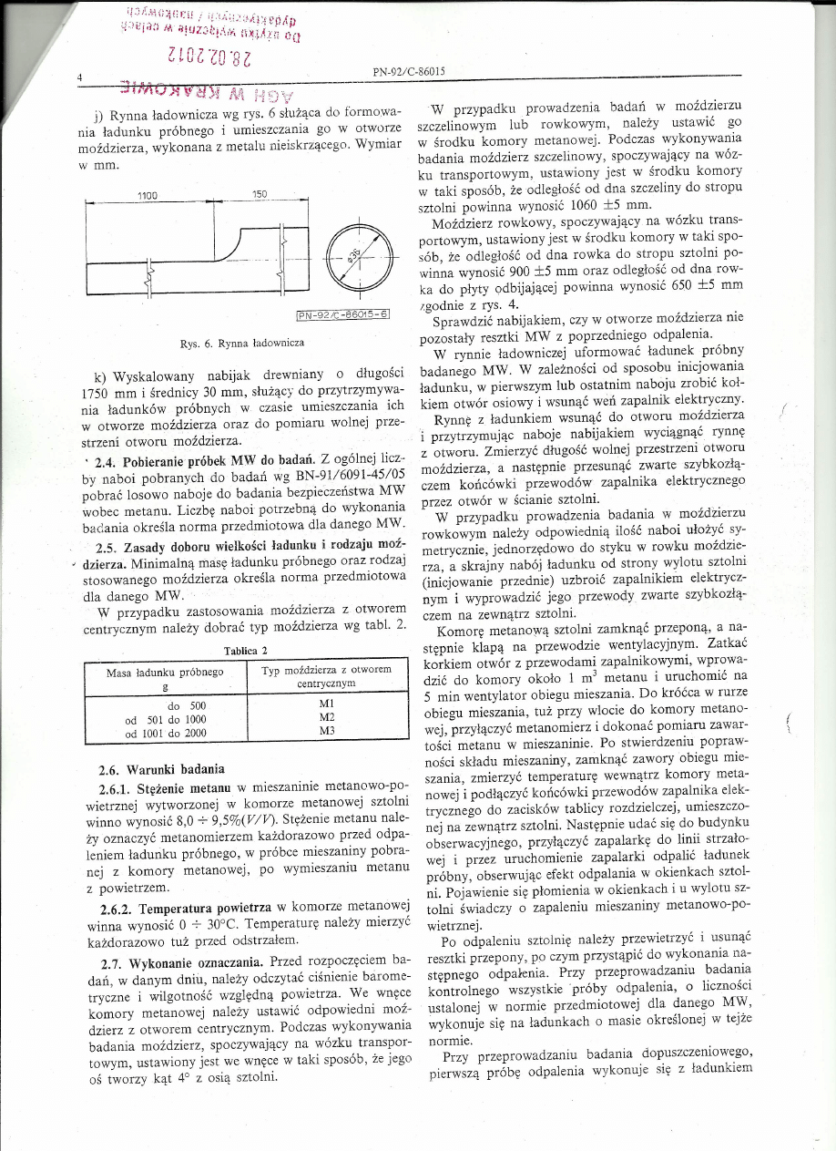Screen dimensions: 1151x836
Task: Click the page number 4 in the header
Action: tap(81, 78)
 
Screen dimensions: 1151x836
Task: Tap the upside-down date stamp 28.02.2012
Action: tap(199, 59)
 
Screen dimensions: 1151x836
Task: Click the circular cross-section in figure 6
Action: tap(360, 251)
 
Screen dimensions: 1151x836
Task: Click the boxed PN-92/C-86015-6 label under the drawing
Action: tap(344, 315)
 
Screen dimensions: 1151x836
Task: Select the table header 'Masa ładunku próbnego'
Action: tap(165, 671)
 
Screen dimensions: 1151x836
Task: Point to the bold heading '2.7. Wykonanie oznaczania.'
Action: tap(180, 961)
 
